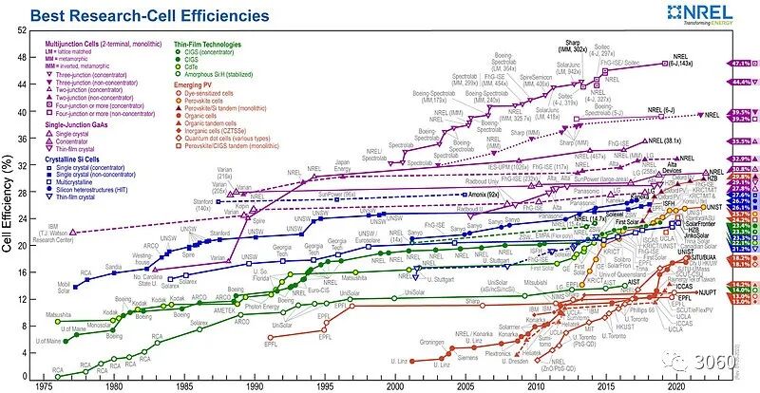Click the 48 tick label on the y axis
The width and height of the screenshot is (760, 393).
click(22, 59)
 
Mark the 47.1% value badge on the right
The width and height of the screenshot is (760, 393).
click(741, 63)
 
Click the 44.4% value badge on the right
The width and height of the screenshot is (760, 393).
click(741, 83)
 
